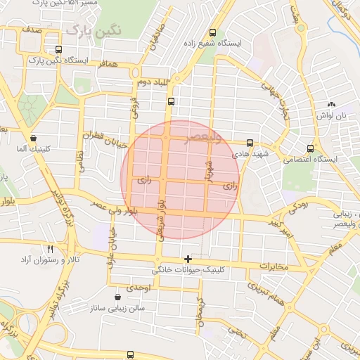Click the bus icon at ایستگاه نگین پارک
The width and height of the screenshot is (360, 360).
point(58,50)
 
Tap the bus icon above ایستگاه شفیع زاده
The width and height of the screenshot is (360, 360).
point(213,32)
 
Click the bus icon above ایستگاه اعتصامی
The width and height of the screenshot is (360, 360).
point(311,148)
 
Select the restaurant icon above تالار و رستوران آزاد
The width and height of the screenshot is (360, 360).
point(50,249)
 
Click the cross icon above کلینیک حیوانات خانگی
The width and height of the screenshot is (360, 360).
point(188,259)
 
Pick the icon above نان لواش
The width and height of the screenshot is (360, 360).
point(330,105)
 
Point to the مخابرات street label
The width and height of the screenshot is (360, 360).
point(275,266)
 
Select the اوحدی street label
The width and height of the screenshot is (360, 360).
point(137,288)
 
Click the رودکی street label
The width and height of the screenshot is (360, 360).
point(298,207)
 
